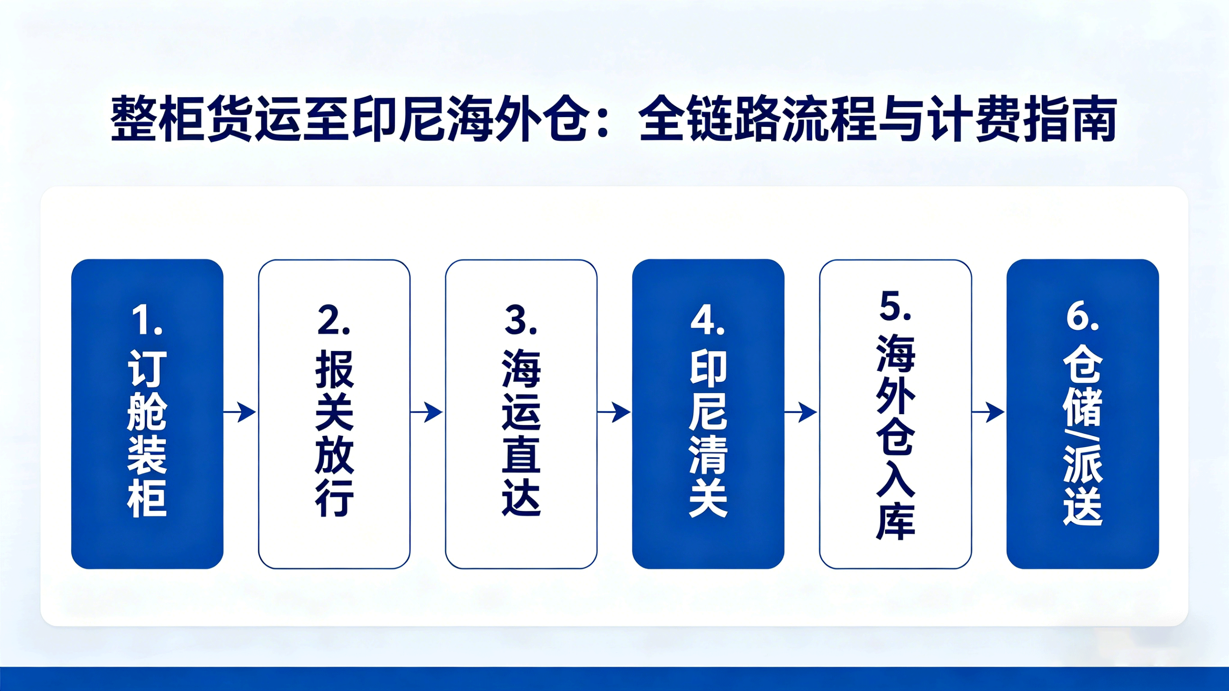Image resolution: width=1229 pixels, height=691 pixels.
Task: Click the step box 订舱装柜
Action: (x=147, y=414)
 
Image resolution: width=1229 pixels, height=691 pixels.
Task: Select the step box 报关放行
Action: (x=334, y=414)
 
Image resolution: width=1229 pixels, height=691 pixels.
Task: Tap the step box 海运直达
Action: (x=521, y=414)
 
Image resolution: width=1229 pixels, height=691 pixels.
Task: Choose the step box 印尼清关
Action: (x=709, y=414)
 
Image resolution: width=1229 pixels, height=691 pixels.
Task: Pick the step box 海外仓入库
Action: (x=895, y=414)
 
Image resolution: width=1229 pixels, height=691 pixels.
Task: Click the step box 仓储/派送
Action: (x=1083, y=414)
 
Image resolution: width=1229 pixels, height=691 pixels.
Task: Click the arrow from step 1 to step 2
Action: (x=240, y=412)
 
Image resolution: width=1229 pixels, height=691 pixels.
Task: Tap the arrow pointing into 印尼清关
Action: (x=614, y=412)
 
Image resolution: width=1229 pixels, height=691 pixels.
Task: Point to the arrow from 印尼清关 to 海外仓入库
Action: (x=801, y=412)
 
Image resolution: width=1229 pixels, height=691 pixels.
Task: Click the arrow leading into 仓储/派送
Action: (x=989, y=412)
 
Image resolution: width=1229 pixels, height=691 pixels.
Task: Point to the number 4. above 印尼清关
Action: (x=708, y=320)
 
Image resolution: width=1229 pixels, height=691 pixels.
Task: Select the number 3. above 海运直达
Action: (x=521, y=320)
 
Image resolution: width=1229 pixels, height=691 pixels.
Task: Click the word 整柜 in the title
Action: (x=157, y=119)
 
